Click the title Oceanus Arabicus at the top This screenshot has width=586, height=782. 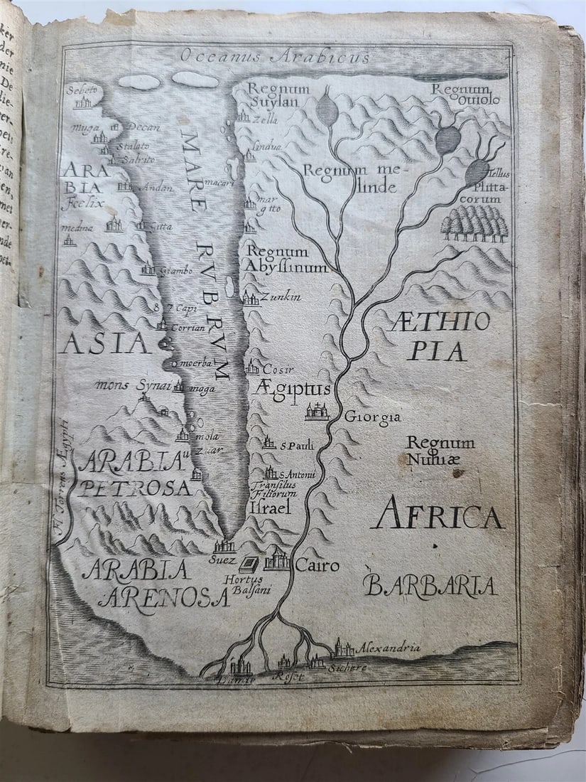275,56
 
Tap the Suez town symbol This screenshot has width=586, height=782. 224,546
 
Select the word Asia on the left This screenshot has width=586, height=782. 105,343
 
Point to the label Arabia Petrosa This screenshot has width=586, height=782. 135,475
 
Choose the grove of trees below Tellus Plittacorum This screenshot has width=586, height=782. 474,225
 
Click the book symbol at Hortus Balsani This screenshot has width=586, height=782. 249,564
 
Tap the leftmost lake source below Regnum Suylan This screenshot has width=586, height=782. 326,109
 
